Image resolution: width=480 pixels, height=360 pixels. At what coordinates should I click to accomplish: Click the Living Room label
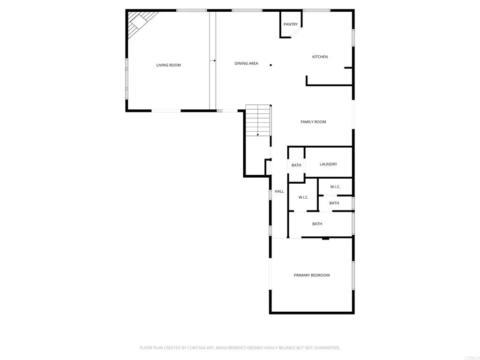[168, 65]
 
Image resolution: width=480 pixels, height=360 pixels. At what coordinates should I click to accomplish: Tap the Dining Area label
[246, 63]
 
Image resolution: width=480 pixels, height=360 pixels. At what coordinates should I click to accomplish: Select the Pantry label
[291, 24]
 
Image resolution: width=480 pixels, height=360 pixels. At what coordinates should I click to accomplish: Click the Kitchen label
[320, 57]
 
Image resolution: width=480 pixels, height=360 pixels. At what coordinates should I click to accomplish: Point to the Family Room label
[313, 122]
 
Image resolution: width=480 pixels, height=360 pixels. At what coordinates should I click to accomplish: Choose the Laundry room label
[328, 164]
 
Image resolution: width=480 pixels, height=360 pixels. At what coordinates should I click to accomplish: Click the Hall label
[279, 191]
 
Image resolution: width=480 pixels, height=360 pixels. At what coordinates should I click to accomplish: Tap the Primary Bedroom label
[312, 275]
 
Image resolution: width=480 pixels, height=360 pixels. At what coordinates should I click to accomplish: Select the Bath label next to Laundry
[296, 165]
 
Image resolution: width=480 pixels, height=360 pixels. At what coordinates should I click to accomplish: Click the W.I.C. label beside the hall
[303, 197]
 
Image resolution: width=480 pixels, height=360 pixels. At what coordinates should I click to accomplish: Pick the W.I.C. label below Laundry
[335, 187]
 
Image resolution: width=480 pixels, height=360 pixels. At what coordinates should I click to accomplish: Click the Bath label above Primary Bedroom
[317, 224]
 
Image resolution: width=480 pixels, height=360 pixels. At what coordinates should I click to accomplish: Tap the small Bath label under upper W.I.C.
[334, 203]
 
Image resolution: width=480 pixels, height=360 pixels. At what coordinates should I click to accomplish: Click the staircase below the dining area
[258, 120]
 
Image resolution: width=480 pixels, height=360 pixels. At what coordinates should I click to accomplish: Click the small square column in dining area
[270, 65]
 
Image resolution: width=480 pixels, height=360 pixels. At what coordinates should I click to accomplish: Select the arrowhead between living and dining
[214, 60]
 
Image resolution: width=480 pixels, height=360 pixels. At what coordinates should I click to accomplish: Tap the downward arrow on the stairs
[258, 135]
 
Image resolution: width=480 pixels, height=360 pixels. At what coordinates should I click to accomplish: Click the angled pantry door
[296, 32]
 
